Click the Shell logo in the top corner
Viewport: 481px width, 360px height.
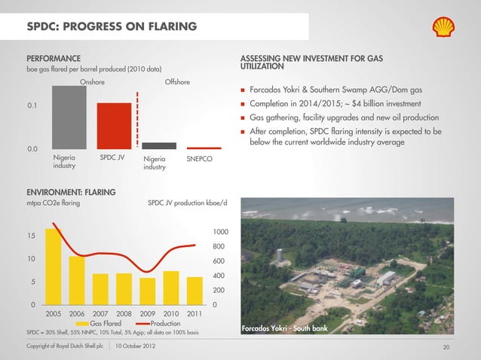tap(446, 27)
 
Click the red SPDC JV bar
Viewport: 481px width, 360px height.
tap(114, 126)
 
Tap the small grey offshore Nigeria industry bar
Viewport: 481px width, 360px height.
tap(159, 145)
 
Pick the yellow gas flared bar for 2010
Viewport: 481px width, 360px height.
tap(171, 285)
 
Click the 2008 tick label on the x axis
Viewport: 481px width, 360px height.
tap(124, 313)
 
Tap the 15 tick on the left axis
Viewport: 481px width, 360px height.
tap(31, 236)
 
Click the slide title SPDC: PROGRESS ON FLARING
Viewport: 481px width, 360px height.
tap(112, 28)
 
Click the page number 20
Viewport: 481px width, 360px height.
tap(446, 346)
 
